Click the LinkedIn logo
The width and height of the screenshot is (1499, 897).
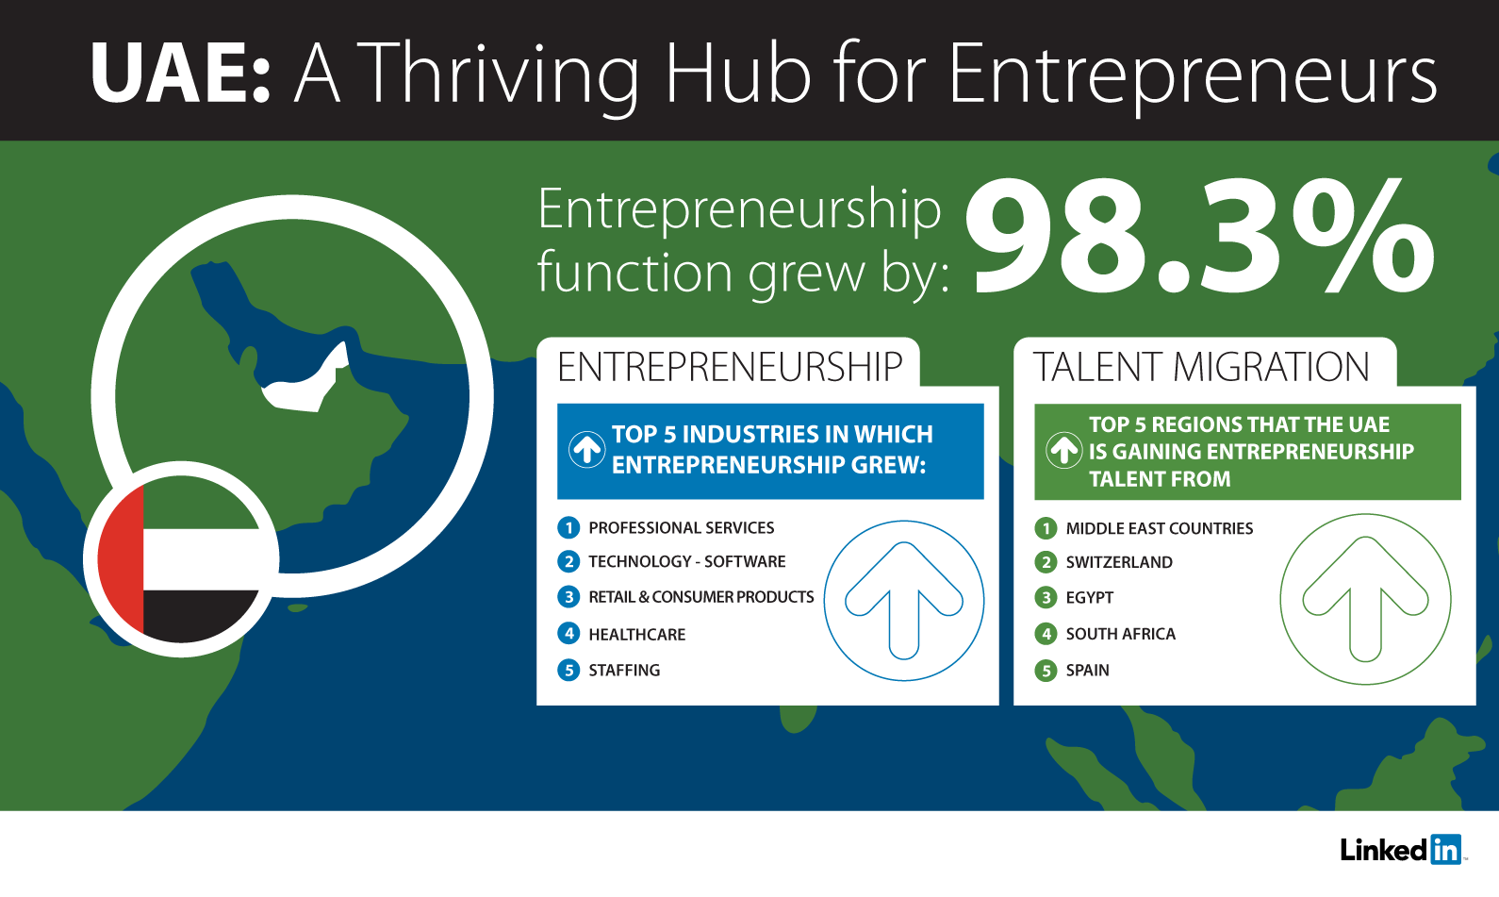click(x=1401, y=850)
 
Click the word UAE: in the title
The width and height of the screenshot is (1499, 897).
click(x=180, y=73)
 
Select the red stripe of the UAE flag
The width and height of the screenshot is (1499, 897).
click(x=121, y=559)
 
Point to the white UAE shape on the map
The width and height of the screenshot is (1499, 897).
click(x=305, y=383)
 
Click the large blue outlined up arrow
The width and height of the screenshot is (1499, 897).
click(x=904, y=601)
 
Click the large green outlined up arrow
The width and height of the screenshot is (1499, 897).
click(x=1365, y=598)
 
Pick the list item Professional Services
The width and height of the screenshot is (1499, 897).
click(x=682, y=527)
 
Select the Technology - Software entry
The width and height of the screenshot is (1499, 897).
click(x=686, y=561)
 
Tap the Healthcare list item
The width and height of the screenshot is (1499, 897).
click(x=637, y=634)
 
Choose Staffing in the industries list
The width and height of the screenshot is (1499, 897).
click(x=624, y=670)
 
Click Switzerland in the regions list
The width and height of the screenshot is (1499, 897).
click(x=1119, y=562)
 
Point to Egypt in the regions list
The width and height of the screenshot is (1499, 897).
click(x=1090, y=597)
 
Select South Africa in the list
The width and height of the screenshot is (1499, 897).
click(x=1120, y=633)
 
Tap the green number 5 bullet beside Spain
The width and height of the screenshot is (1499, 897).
click(x=1046, y=670)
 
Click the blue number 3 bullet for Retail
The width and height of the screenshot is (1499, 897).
click(x=568, y=596)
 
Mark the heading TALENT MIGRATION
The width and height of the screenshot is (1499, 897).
click(x=1201, y=367)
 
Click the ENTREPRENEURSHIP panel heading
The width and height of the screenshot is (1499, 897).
click(x=730, y=367)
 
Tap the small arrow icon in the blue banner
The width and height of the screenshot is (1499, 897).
click(x=587, y=449)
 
